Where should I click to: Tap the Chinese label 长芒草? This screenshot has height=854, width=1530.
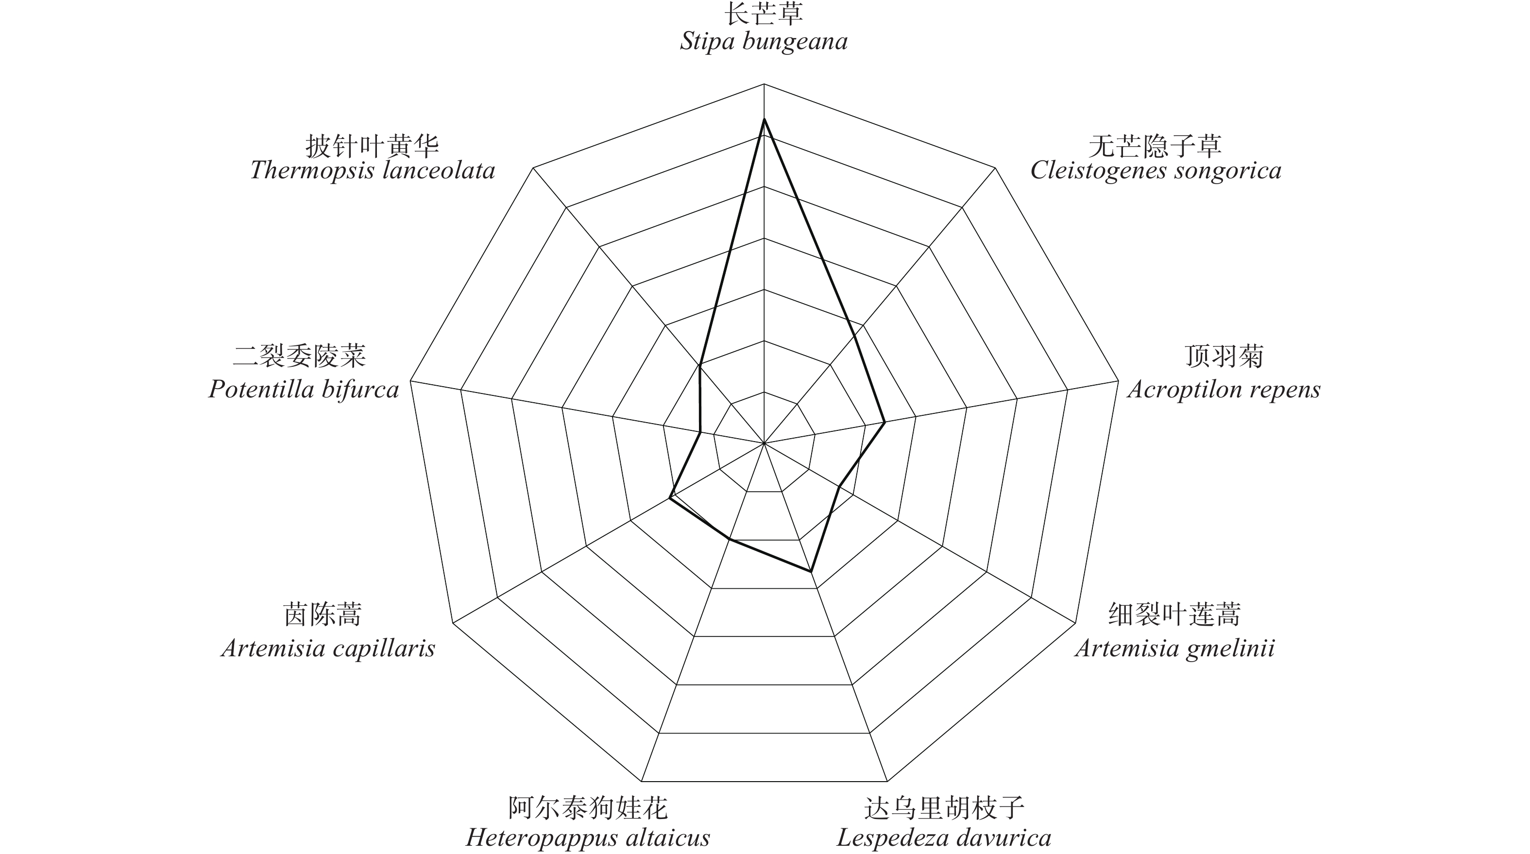[x=764, y=14]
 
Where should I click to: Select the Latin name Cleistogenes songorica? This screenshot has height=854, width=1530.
[x=1155, y=171]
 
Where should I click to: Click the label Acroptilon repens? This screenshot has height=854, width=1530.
[x=1224, y=390]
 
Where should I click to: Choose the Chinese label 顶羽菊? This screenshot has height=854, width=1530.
[x=1224, y=357]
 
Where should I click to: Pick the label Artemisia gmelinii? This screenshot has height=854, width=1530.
[x=1174, y=648]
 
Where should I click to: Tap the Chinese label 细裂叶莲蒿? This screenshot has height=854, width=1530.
[x=1174, y=615]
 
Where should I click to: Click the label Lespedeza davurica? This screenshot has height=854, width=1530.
[x=944, y=838]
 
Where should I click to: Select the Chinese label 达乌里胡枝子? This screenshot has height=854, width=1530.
[x=944, y=808]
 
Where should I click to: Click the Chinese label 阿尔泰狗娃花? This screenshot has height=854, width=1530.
[x=588, y=808]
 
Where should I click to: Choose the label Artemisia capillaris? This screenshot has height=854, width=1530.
[x=328, y=648]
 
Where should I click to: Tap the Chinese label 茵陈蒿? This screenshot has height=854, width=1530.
[x=323, y=615]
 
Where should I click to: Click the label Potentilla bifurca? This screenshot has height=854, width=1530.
[x=304, y=390]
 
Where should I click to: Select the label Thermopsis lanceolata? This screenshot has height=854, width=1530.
[x=373, y=171]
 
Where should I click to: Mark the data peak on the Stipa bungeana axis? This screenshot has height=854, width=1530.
[x=765, y=120]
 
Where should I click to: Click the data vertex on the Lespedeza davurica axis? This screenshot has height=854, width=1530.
[x=811, y=572]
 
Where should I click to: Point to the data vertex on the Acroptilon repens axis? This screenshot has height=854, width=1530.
[x=885, y=422]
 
